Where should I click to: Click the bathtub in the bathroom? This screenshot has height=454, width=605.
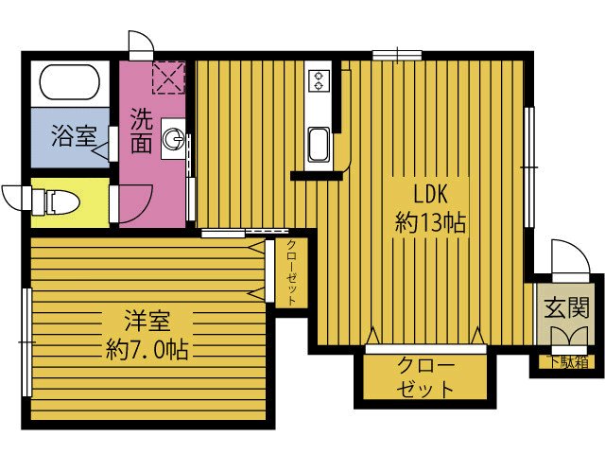pos(70,82)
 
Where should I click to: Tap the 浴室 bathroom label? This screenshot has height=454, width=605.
pos(74,135)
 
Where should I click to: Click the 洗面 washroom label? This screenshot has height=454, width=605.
pos(141,131)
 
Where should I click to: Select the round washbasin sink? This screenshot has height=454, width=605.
pos(173,139)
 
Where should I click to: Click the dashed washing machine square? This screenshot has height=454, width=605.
pos(169,78)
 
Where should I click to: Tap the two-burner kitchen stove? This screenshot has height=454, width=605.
pos(320,80)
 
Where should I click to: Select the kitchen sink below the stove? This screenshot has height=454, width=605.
pos(320,145)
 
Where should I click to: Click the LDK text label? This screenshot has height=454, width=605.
pos(430,194)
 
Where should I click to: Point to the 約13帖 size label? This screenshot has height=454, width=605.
pos(430,222)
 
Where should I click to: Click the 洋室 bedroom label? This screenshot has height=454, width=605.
pos(147,321)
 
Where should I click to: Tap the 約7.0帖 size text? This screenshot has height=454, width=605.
pos(147,349)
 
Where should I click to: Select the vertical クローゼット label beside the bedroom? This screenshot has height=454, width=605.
pos(292,272)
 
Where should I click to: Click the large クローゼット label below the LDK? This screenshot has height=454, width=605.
pos(425,377)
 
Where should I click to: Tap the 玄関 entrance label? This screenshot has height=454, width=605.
pos(567,307)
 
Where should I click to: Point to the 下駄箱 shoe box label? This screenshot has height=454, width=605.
pos(569,362)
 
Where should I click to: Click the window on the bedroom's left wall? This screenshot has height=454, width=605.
pos(26,342)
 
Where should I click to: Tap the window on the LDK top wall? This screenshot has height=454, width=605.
pos(397,55)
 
